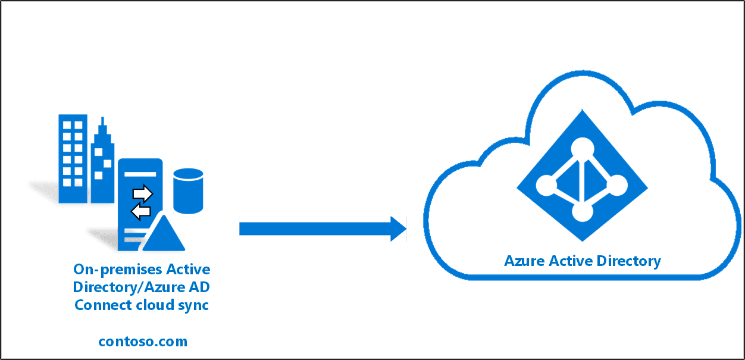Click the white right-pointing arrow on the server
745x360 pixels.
click(143, 193)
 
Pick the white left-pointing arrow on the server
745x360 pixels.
click(141, 211)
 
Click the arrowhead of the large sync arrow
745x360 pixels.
click(398, 229)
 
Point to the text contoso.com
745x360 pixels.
click(143, 342)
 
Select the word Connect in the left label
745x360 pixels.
click(99, 305)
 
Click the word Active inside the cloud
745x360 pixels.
click(567, 261)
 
